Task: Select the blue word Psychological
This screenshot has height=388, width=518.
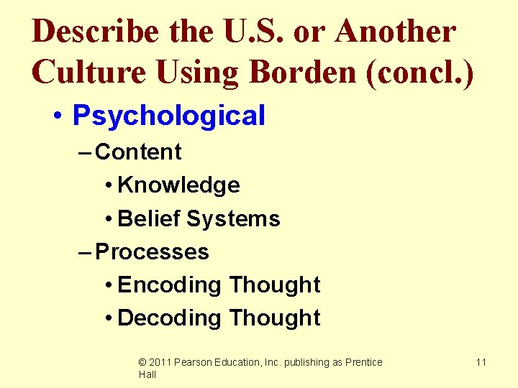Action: click(x=169, y=115)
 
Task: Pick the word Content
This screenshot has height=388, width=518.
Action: click(x=139, y=152)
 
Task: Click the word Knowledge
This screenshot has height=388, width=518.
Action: click(x=178, y=185)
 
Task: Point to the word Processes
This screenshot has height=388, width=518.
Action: click(x=152, y=251)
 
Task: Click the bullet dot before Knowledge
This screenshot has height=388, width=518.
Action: click(x=107, y=186)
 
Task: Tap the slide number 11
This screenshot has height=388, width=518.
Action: click(x=481, y=362)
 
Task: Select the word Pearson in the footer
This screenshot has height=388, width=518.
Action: click(x=194, y=362)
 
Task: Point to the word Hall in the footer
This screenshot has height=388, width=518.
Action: click(x=147, y=374)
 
